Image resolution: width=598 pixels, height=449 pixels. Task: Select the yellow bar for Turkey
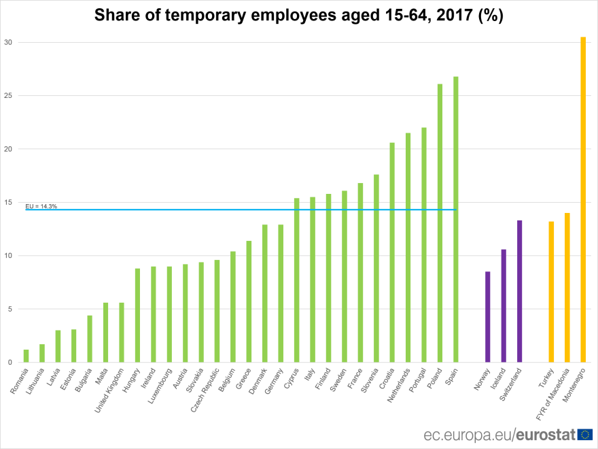tap(551, 292)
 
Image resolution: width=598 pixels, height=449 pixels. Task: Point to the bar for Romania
tap(26, 356)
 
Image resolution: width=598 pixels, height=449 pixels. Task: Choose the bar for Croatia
tap(392, 252)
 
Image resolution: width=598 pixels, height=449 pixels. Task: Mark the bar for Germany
tap(281, 293)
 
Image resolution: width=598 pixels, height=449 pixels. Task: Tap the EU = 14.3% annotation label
tap(41, 205)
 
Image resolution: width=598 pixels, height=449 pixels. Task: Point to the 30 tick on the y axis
tap(8, 42)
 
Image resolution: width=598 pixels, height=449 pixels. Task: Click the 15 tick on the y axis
tap(8, 202)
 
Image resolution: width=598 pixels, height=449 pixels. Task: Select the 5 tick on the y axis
tap(10, 309)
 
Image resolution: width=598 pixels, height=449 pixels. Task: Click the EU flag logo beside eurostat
tap(584, 434)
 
